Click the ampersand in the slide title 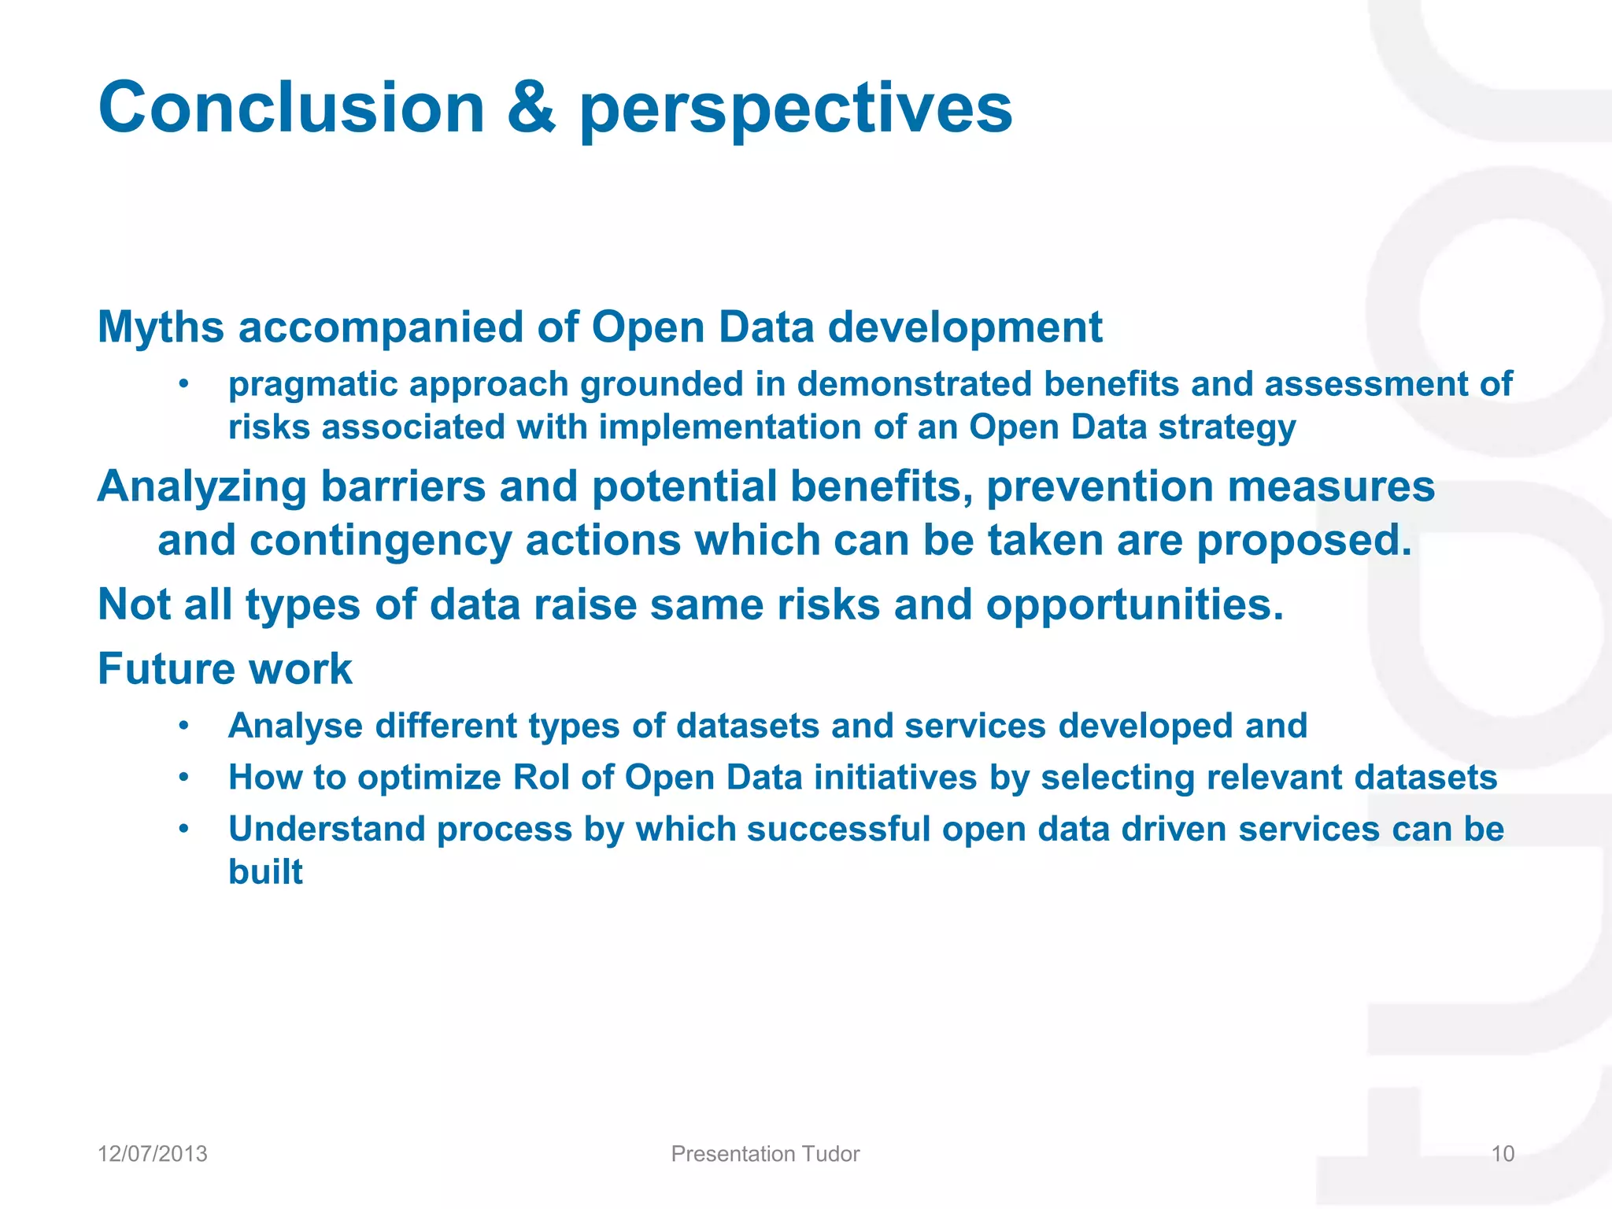click(532, 109)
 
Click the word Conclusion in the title click(291, 109)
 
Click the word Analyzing click(202, 487)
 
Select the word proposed click(1304, 542)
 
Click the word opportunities click(1134, 606)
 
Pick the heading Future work click(224, 670)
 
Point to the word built click(265, 872)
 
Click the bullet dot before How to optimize click(183, 778)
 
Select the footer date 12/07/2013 click(152, 1154)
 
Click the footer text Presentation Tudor click(765, 1154)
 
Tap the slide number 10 click(1503, 1154)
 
